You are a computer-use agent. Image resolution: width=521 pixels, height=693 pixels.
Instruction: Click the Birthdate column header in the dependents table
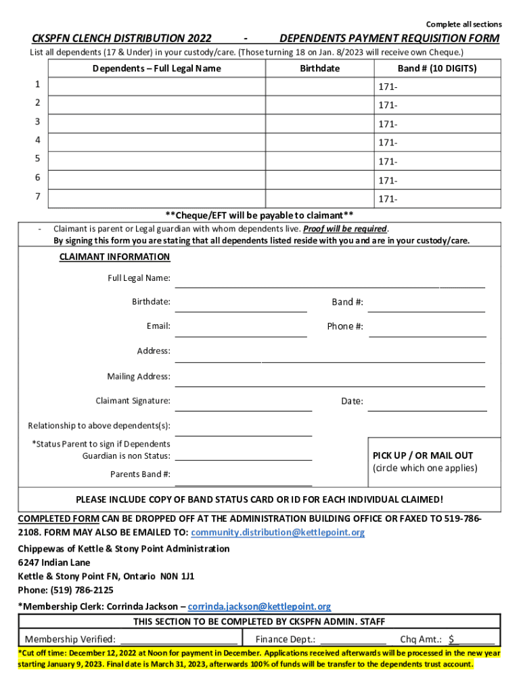320,68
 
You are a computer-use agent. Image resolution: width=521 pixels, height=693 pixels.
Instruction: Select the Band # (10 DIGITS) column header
437,68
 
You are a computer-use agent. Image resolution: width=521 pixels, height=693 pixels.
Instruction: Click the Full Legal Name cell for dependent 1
157,86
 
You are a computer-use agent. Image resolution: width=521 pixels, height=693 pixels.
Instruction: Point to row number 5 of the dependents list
38,158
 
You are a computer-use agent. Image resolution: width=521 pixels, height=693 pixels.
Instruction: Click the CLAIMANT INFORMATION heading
114,256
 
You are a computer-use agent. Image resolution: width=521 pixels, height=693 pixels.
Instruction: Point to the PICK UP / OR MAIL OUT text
423,455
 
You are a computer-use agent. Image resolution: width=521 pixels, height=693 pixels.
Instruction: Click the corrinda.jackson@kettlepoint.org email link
259,606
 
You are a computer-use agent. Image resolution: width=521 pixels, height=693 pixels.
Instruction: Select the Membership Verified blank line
178,638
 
